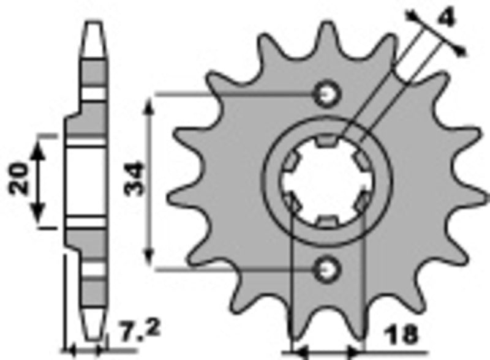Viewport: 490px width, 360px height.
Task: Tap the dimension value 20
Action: pos(19,179)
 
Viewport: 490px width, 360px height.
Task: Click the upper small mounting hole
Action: pos(326,94)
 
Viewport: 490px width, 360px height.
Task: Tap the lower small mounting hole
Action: pos(326,268)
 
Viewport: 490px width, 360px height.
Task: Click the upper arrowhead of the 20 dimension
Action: pos(39,142)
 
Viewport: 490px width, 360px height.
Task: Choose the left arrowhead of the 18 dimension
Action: pos(296,353)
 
